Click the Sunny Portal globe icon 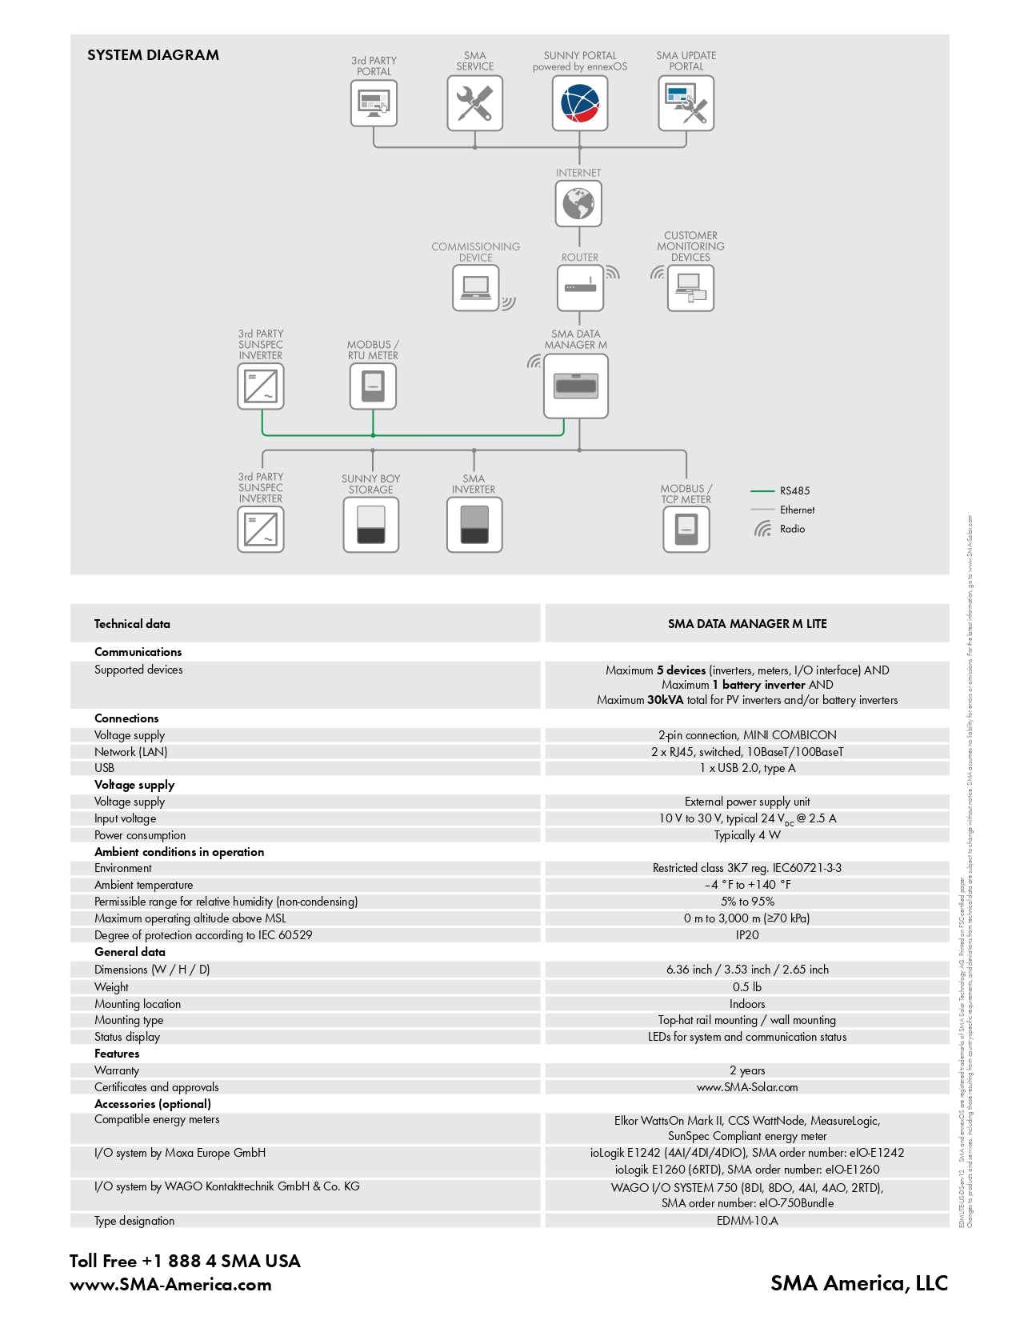tap(580, 103)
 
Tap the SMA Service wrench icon tap(474, 103)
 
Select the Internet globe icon tap(578, 203)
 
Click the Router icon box tap(580, 288)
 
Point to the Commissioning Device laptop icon tap(476, 288)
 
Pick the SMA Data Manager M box tap(576, 386)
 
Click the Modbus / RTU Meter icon tap(373, 386)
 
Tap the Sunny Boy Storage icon tap(370, 525)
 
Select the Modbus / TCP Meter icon tap(686, 529)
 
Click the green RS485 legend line tap(762, 490)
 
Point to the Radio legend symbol tap(762, 529)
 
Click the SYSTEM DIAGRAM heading tap(153, 55)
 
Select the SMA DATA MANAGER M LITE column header tap(747, 624)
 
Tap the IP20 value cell tap(747, 935)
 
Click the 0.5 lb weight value tap(747, 987)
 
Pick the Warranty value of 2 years tap(747, 1070)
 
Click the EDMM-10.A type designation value tap(747, 1221)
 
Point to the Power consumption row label tap(140, 835)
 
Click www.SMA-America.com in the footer tap(170, 1285)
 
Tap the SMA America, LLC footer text tap(858, 1283)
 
